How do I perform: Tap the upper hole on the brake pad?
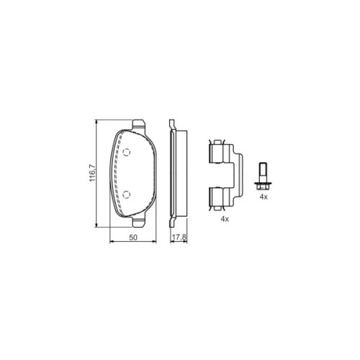(x=126, y=153)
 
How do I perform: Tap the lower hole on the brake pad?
(x=126, y=193)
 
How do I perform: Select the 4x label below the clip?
(x=224, y=218)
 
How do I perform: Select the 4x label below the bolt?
(x=264, y=197)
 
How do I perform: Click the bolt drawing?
(x=264, y=176)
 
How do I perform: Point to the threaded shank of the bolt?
(x=264, y=171)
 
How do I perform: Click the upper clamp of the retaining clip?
(x=216, y=153)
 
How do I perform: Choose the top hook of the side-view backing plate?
(x=171, y=125)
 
